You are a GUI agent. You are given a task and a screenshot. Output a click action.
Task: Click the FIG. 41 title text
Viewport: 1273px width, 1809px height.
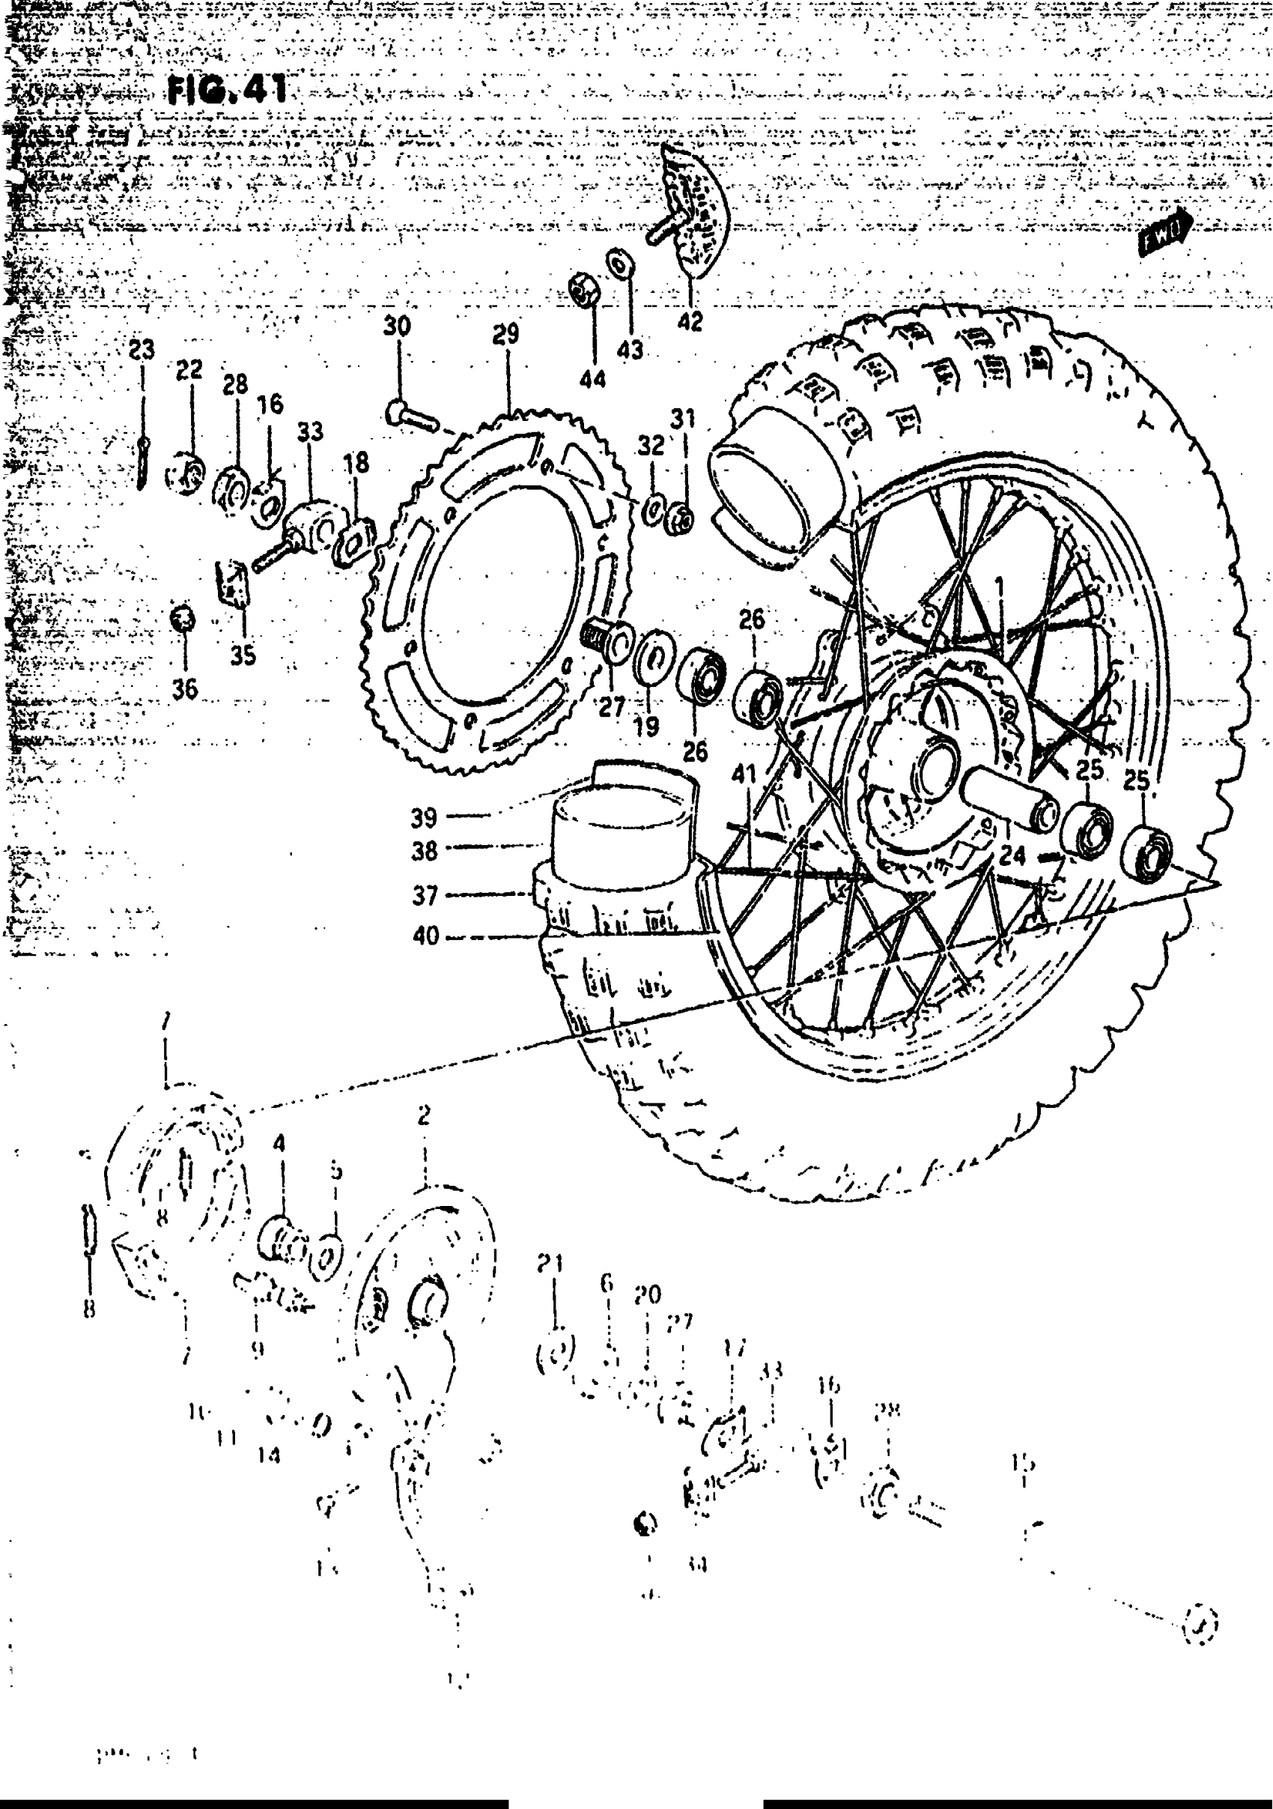click(228, 91)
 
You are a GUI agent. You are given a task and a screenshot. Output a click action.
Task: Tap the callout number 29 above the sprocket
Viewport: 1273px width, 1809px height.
click(505, 334)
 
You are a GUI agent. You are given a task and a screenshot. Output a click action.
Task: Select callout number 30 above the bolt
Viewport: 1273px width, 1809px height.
click(397, 326)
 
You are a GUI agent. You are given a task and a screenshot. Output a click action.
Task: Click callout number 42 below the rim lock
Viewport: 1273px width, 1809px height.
click(690, 321)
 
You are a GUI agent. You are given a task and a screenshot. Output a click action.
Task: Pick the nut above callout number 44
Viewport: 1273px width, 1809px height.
click(581, 291)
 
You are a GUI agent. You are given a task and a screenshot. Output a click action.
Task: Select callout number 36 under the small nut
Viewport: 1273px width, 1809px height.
click(185, 689)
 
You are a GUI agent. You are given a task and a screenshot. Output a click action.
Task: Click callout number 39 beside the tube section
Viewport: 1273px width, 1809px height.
click(424, 818)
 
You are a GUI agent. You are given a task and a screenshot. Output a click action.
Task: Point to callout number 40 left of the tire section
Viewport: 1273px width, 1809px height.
click(425, 937)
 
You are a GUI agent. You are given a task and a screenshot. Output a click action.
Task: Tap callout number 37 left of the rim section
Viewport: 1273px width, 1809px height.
click(425, 896)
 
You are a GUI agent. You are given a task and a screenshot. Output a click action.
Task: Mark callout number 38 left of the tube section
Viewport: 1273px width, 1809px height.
click(424, 852)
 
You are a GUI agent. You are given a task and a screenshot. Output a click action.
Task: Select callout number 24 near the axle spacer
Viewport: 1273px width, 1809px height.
click(1012, 855)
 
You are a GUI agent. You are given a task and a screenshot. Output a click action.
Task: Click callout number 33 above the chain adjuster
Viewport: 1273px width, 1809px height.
click(309, 431)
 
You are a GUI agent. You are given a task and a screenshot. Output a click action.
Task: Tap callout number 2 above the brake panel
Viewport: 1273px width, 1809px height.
click(424, 1115)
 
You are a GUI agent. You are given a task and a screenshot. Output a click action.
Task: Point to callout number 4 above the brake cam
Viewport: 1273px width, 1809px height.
click(279, 1143)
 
